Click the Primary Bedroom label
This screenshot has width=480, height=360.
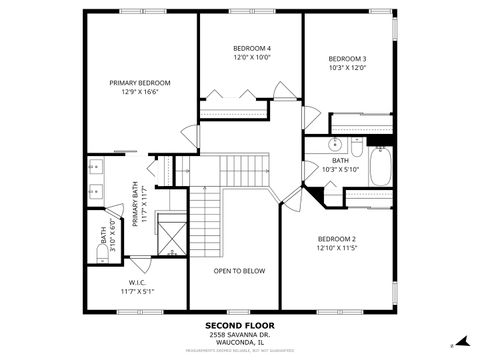coord(140,83)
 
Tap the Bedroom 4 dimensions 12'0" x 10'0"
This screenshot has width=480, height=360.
coord(252,58)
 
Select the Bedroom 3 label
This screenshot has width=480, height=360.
coord(348,58)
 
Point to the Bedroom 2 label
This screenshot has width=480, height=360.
coord(337,238)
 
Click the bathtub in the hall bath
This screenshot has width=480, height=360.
coord(382,165)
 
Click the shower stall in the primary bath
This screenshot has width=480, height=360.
coord(172,237)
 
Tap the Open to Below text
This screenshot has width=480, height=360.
coord(240,271)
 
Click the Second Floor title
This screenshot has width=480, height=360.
coord(239,325)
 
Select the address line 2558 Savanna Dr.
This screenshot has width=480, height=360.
coord(239,334)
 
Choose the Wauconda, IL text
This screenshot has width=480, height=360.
coord(239,342)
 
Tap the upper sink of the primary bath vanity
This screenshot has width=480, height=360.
coord(97,168)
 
